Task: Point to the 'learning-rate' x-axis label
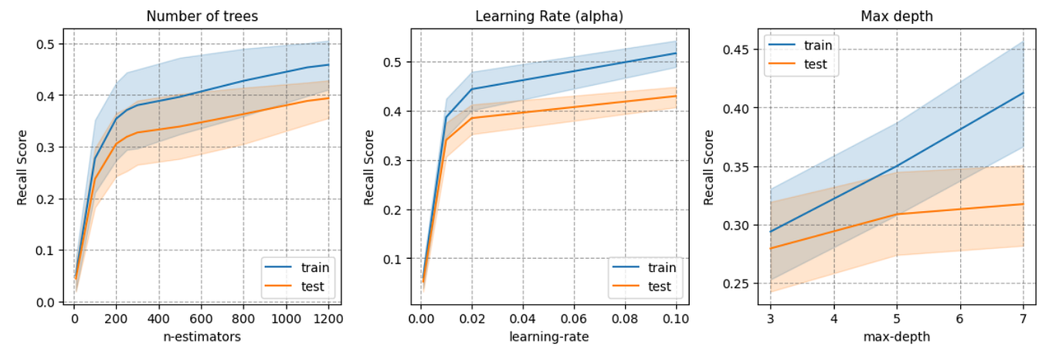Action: point(548,337)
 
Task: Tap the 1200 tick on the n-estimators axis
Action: point(328,318)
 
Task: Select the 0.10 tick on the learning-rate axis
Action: point(676,318)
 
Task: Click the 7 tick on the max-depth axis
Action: point(1024,318)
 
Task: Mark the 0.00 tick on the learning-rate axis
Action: point(421,318)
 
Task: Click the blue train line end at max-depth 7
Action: point(1024,93)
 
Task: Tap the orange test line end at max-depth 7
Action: point(1024,204)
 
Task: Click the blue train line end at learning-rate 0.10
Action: point(676,53)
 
